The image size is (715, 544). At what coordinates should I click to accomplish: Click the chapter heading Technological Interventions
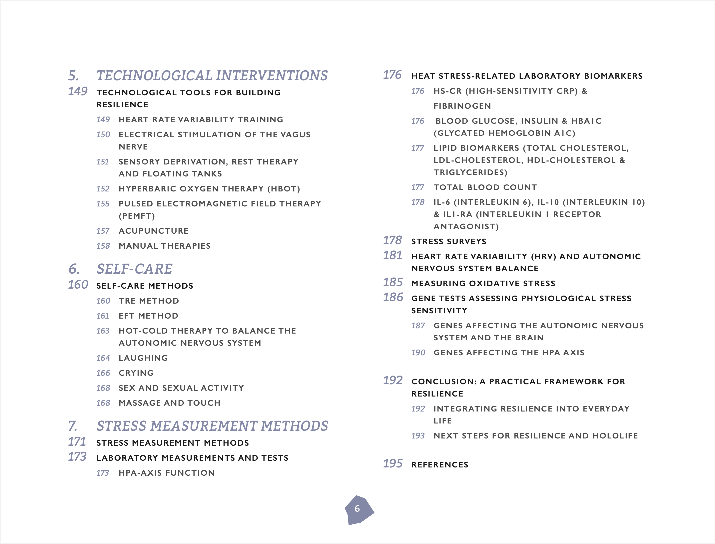click(212, 76)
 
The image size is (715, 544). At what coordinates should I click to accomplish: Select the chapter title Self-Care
click(134, 269)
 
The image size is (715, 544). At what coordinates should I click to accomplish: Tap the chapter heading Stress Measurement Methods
click(212, 426)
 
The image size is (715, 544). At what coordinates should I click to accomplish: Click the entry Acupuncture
click(154, 231)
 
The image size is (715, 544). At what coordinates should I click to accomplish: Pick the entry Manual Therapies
click(165, 246)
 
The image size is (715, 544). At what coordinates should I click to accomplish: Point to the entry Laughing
click(143, 358)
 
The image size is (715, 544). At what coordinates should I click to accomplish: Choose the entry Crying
click(136, 373)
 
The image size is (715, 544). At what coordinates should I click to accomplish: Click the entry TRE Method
click(149, 301)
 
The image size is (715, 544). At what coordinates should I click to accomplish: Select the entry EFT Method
click(148, 316)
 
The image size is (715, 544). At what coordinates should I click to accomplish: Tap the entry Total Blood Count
click(485, 187)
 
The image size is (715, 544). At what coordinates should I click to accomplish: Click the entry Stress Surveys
click(449, 242)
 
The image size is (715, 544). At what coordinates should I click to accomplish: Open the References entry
click(440, 465)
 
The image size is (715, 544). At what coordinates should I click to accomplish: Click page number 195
click(393, 463)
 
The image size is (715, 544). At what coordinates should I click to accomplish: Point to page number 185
click(393, 282)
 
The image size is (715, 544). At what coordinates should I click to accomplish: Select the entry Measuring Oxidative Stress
click(483, 283)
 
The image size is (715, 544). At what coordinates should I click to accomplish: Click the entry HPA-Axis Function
click(167, 473)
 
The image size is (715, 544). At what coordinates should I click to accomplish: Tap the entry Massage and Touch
click(169, 403)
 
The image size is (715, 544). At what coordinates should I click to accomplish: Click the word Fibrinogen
click(462, 106)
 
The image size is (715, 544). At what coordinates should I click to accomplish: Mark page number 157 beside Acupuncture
click(103, 231)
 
